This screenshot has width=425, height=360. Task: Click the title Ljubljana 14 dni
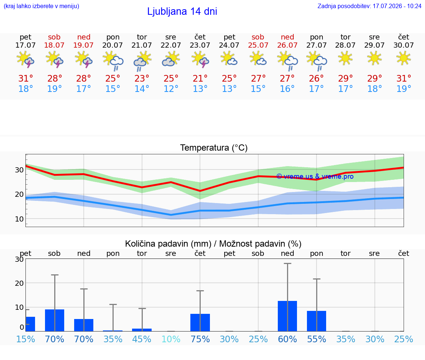click(182, 11)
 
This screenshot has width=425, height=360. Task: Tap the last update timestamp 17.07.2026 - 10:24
click(397, 6)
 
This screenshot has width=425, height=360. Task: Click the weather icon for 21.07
click(142, 61)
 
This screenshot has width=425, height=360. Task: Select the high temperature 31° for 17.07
click(25, 78)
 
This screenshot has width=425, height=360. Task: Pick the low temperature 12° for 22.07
click(171, 89)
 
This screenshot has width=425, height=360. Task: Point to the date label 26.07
click(287, 45)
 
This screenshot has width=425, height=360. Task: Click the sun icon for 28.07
click(345, 58)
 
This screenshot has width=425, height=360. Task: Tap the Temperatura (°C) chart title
click(214, 148)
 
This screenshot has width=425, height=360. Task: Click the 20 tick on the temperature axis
click(19, 194)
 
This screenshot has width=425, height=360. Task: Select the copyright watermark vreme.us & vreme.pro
click(315, 176)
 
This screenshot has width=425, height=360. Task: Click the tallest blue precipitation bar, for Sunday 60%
click(287, 316)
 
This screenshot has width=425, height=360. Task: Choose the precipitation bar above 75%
click(200, 323)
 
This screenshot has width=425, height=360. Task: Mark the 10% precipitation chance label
click(171, 339)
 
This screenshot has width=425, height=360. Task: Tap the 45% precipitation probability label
click(142, 339)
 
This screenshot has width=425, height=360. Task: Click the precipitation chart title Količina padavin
click(168, 244)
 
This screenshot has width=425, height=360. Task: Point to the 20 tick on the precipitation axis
click(19, 283)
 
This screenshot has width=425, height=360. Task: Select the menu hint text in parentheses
click(41, 6)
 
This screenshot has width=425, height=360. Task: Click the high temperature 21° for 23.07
click(200, 78)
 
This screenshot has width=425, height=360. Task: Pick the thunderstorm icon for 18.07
click(55, 59)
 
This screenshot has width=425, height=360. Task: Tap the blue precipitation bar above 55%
click(317, 321)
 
